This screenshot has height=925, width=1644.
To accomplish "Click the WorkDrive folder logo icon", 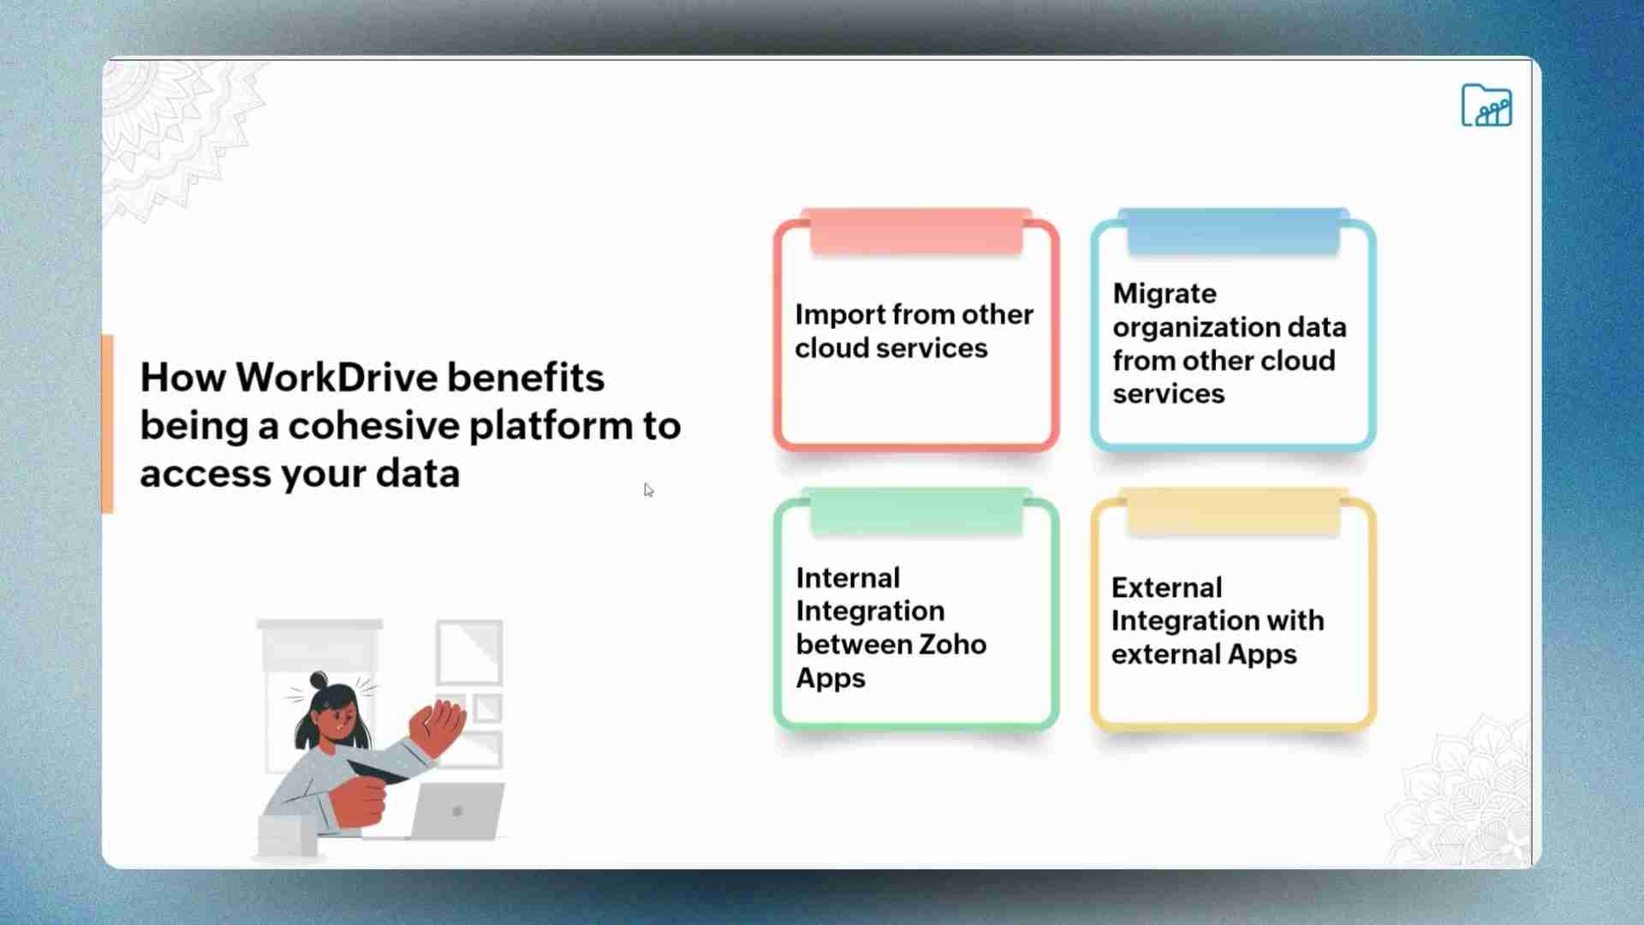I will click(1486, 106).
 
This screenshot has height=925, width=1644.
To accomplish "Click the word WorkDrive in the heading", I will click(335, 378).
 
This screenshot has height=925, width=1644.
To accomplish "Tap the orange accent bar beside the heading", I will click(107, 424).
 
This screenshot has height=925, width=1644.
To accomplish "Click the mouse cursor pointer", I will click(648, 490).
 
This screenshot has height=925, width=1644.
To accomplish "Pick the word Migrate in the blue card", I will click(1164, 294).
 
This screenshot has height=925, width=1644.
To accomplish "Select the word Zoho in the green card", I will click(950, 644).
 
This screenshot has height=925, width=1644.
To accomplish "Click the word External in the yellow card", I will click(1166, 588).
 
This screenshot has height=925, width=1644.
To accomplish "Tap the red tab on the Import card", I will click(916, 231).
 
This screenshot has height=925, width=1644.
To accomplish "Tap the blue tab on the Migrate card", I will click(1233, 231).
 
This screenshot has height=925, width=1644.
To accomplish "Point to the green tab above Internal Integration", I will click(916, 511).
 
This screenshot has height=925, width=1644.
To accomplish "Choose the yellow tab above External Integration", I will click(1233, 511).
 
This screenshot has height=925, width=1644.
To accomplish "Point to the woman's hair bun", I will click(319, 681).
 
